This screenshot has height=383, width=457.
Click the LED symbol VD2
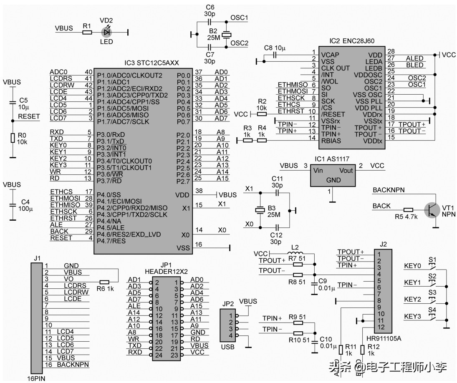click(107, 32)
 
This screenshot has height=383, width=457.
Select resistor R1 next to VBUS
click(87, 32)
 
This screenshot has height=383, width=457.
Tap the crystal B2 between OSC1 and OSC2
click(226, 35)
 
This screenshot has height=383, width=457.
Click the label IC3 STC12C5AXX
click(151, 63)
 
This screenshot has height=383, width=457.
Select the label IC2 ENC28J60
click(352, 41)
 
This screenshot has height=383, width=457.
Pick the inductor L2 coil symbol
click(296, 254)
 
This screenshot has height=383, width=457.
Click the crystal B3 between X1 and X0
click(260, 211)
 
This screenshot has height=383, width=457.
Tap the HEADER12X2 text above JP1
click(167, 272)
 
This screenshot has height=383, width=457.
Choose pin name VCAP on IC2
click(330, 55)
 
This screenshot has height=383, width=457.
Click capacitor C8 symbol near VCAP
click(275, 55)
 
